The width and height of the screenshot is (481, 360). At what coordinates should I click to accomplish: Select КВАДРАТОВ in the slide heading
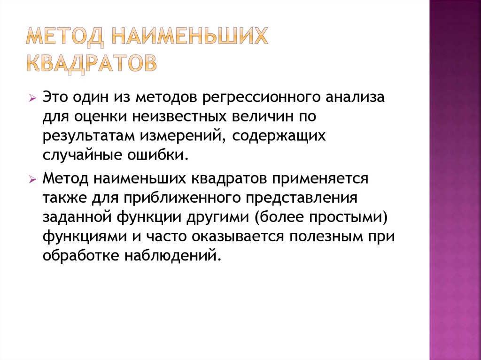point(90,64)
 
